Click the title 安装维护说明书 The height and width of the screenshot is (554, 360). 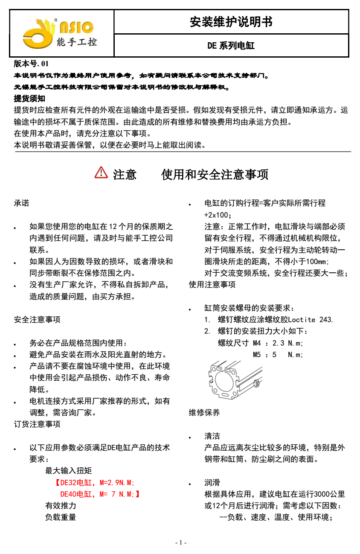click(231, 22)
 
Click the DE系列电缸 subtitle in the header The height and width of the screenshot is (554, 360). click(231, 46)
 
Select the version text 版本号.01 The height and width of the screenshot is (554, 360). click(32, 64)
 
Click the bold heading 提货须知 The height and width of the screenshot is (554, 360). click(29, 99)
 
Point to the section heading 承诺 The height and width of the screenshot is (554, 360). click(22, 203)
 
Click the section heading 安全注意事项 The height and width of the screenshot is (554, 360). click(37, 319)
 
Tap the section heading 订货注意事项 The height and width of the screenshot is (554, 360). click(37, 424)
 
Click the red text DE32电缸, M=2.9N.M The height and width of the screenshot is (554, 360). click(95, 483)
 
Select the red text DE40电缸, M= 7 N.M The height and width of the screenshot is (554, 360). click(100, 494)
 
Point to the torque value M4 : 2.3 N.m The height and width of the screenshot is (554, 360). click(278, 343)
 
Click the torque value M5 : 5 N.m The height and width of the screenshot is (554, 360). click(278, 354)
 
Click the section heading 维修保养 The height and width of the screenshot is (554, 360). click(204, 413)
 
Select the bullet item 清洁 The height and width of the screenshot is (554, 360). click(212, 436)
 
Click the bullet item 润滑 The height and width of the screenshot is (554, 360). click(212, 483)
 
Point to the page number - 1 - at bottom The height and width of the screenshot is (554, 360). click(181, 542)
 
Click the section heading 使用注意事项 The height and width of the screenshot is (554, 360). click(212, 284)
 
